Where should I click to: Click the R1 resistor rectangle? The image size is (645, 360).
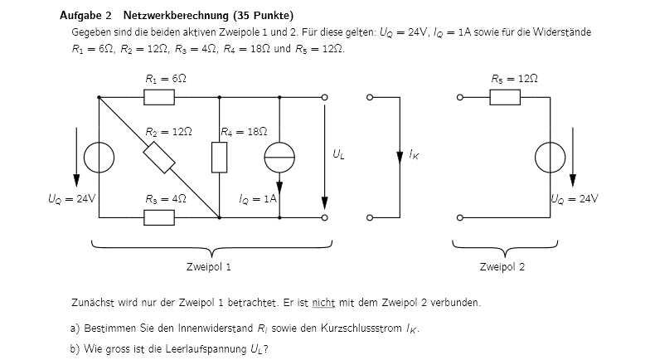(159, 98)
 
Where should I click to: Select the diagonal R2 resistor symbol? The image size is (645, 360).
(159, 158)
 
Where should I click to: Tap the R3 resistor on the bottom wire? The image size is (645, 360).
(159, 217)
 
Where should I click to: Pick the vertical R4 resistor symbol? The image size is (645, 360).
(219, 158)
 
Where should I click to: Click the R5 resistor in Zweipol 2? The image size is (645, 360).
(505, 98)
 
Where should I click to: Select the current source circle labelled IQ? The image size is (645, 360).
(279, 158)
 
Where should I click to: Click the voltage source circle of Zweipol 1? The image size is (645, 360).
(99, 158)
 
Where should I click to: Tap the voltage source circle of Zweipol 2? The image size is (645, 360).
(550, 158)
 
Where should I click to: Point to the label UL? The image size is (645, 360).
(338, 154)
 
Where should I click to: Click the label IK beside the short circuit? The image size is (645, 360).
(414, 154)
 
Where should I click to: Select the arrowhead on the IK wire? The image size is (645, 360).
(400, 158)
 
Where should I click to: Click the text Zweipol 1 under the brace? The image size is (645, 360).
(209, 267)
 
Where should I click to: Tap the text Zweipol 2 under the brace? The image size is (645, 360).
(502, 267)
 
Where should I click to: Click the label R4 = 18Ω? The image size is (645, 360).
(244, 132)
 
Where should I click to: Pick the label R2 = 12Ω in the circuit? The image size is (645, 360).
(168, 132)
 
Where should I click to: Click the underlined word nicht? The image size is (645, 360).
(323, 303)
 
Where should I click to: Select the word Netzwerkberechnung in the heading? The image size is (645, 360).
(176, 16)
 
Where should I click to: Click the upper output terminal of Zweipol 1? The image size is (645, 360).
(324, 98)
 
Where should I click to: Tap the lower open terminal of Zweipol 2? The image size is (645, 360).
(460, 217)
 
